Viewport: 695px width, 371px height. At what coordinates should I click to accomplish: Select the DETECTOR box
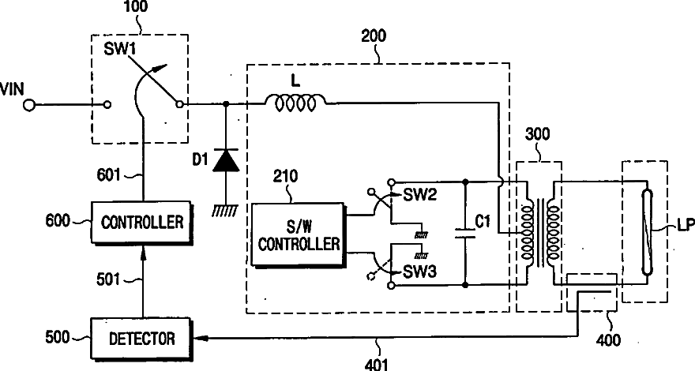click(142, 339)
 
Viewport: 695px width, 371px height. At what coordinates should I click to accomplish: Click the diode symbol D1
click(227, 159)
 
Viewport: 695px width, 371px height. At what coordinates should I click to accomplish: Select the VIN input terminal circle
click(29, 104)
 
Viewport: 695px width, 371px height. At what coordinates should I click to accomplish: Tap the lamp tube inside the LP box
click(645, 229)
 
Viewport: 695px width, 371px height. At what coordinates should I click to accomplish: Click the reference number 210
click(287, 176)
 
